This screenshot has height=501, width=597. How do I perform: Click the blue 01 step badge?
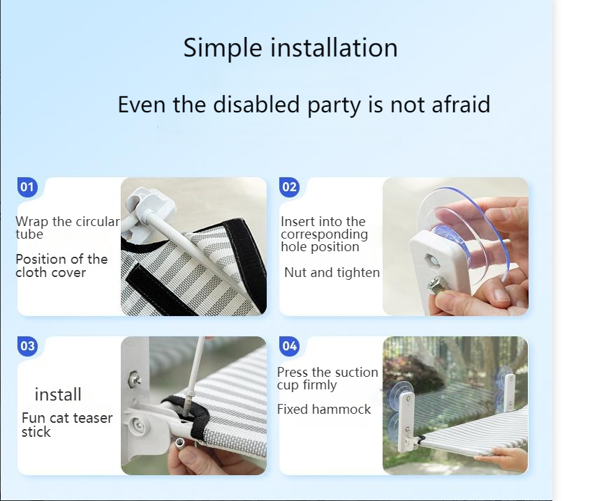click(x=27, y=187)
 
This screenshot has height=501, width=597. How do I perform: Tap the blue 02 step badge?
click(x=289, y=187)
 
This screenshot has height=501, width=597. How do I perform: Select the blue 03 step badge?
click(x=27, y=346)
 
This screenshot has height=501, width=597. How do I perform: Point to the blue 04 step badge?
click(x=289, y=346)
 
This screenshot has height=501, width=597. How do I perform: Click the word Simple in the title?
click(x=223, y=49)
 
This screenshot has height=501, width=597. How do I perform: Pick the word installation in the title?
click(x=334, y=48)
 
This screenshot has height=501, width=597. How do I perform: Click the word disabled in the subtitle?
click(x=256, y=105)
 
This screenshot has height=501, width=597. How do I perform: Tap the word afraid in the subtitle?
click(x=461, y=105)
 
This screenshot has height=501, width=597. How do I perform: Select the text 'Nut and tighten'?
click(x=332, y=273)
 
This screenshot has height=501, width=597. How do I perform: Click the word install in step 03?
click(x=58, y=394)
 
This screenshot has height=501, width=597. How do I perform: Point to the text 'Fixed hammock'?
click(x=323, y=410)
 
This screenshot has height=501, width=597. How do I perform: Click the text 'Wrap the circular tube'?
click(x=68, y=227)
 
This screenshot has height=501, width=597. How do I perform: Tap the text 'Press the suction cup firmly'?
click(x=327, y=378)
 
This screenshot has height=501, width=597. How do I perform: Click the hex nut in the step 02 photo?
click(x=434, y=285)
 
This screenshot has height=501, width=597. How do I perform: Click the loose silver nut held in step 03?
click(x=180, y=442)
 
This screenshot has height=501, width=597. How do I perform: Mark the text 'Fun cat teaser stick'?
click(x=67, y=424)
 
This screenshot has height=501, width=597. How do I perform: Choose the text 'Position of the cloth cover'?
click(x=61, y=266)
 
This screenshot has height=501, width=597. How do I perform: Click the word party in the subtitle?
click(x=334, y=105)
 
